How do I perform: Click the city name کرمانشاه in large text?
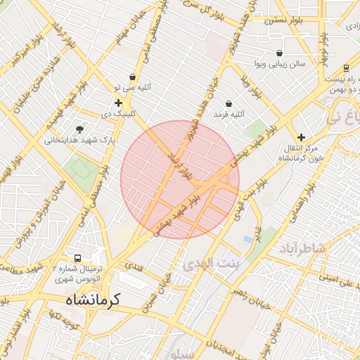pyautogui.click(x=94, y=299)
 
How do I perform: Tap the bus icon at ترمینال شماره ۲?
pyautogui.click(x=77, y=258)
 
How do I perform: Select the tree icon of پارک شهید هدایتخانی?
pyautogui.click(x=79, y=129)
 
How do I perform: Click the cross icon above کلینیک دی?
pyautogui.click(x=118, y=103)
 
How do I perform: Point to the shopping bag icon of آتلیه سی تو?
pyautogui.click(x=132, y=77)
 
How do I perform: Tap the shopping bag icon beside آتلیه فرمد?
pyautogui.click(x=229, y=104)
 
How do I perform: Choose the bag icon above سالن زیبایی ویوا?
pyautogui.click(x=280, y=53)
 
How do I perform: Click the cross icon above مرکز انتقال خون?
pyautogui.click(x=301, y=138)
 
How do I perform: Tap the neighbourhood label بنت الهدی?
pyautogui.click(x=211, y=264)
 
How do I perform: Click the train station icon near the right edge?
pyautogui.click(x=347, y=68)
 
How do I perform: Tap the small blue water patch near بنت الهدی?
pyautogui.click(x=247, y=240)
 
